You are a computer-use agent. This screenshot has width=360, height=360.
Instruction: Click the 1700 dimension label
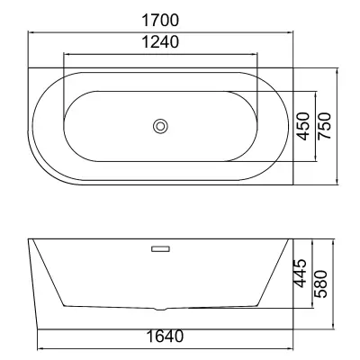160,20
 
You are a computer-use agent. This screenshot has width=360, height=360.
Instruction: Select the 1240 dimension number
160,41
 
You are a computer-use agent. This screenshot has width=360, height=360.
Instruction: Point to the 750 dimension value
324,126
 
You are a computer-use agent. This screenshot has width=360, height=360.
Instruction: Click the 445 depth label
301,273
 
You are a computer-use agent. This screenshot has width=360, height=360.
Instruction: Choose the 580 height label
320,283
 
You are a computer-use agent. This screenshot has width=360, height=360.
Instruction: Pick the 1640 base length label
165,337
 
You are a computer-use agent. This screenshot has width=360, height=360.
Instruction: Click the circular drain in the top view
160,126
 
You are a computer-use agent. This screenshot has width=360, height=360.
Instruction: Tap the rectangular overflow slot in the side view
161,248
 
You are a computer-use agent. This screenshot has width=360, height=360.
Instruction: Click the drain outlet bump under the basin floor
161,309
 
